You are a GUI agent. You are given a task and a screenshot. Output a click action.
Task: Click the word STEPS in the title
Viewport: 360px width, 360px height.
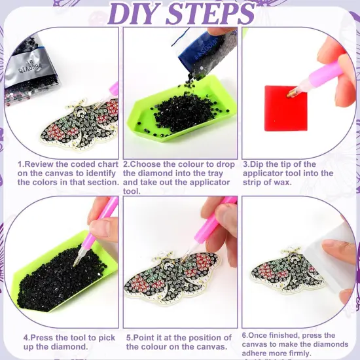point(213,14)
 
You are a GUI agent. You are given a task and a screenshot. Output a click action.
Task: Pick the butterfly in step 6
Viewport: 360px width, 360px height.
point(289,272)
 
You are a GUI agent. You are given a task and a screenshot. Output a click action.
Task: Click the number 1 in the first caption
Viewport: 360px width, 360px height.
point(20,164)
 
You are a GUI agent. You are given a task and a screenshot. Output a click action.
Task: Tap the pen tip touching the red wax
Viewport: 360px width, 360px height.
point(291,94)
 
